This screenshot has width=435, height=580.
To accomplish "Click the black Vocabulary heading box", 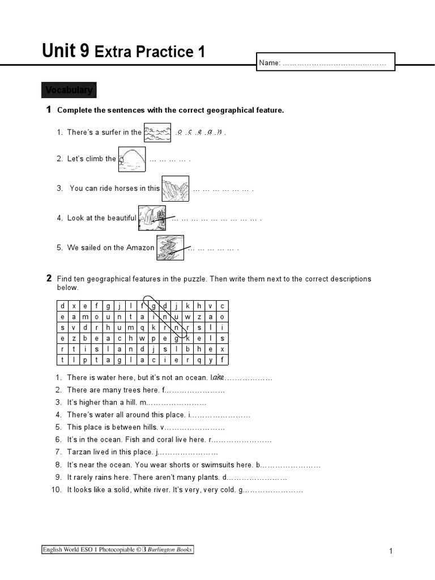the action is (69, 90).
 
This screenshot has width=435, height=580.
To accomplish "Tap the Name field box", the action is (325, 62).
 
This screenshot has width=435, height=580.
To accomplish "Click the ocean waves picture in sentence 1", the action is (157, 133).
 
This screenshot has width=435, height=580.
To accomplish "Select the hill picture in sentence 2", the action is (132, 159).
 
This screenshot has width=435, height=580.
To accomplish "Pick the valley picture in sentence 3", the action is (175, 189).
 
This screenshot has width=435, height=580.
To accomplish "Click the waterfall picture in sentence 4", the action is (152, 218).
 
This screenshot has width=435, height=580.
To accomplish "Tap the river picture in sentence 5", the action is (170, 248).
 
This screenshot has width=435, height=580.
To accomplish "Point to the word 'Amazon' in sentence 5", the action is (140, 248).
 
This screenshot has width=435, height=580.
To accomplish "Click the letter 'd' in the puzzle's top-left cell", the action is (62, 306).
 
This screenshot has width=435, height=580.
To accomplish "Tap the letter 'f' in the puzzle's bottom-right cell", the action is (222, 360).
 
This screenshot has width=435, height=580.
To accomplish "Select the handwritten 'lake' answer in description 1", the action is (219, 377).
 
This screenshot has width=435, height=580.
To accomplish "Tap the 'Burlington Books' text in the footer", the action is (170, 549).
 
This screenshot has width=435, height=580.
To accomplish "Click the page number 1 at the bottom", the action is (391, 551).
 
